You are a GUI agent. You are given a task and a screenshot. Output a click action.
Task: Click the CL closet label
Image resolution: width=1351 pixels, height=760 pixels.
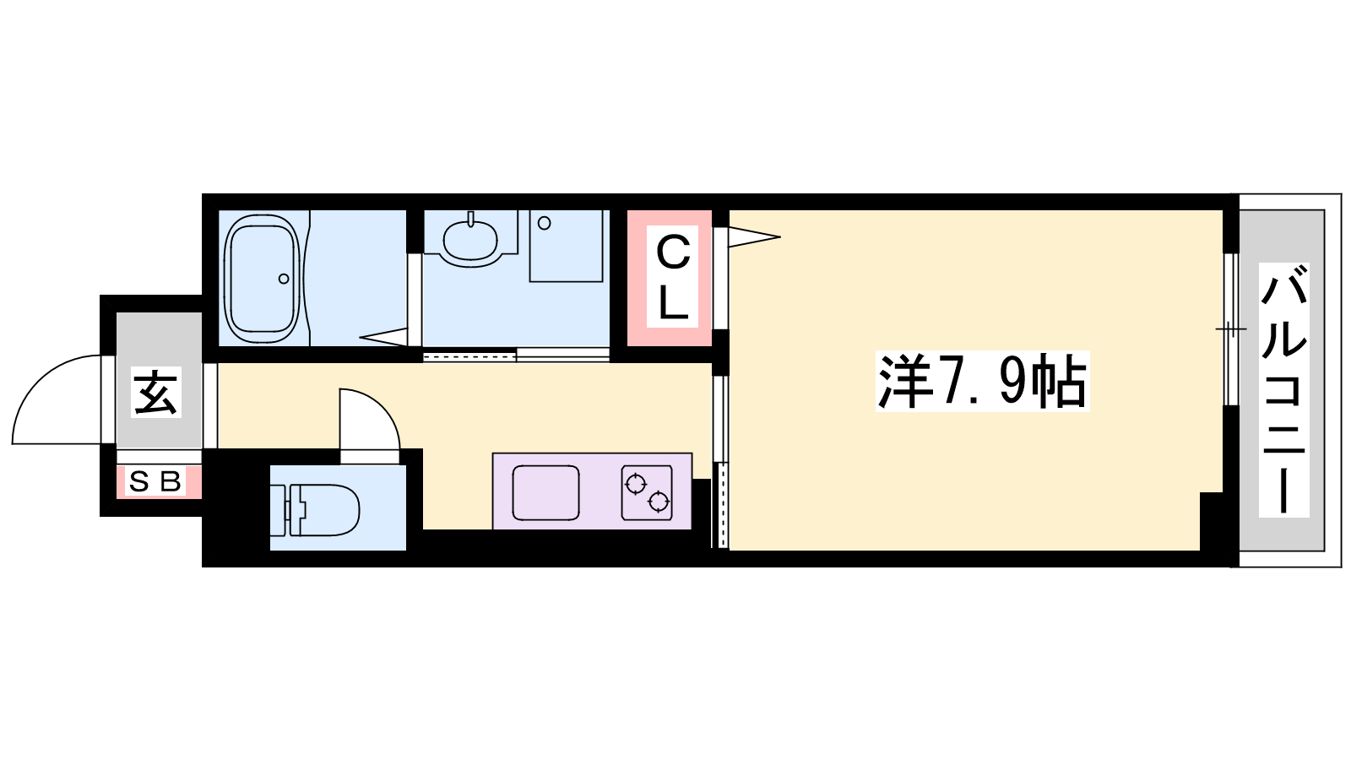[x=672, y=277]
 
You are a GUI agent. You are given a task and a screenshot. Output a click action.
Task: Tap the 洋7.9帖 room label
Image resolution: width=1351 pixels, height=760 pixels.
[x=983, y=381]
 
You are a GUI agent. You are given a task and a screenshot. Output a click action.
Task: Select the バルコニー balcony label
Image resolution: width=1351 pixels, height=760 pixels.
[x=1283, y=390]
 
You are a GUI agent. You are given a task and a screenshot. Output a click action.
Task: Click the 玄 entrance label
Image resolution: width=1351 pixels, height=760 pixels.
[x=156, y=392]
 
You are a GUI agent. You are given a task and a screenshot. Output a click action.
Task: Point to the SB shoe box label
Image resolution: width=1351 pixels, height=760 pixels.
[x=155, y=482]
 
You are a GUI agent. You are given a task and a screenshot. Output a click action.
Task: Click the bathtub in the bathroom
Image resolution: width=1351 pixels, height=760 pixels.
[x=262, y=278]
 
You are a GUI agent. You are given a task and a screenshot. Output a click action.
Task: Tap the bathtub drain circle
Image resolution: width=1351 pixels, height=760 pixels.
[x=284, y=279]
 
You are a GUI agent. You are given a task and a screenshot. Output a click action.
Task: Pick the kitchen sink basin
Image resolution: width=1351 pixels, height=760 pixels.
[x=545, y=493]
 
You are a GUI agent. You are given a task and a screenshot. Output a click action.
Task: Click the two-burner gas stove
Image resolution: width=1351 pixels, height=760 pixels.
[x=647, y=492]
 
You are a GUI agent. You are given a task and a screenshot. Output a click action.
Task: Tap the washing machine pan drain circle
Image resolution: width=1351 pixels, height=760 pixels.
[x=544, y=223]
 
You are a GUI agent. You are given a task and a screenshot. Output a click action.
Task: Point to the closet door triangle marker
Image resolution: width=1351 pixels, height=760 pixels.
[x=754, y=236]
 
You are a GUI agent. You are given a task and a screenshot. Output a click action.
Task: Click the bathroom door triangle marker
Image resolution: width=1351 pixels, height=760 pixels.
[x=383, y=337]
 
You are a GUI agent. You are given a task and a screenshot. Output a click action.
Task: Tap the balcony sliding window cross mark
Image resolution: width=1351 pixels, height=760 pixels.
[x=1231, y=329]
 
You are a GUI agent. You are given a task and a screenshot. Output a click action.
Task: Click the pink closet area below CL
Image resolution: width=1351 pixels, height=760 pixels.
[x=670, y=337]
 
